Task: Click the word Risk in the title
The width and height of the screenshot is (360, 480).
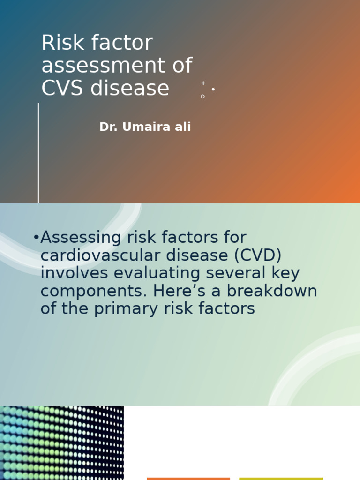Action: coord(58,43)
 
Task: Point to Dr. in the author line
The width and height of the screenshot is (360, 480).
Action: coord(108,127)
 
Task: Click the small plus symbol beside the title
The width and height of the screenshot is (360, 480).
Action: coord(203,83)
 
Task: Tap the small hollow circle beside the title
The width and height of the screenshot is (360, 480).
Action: coord(202,96)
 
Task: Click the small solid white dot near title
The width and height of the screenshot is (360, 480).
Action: coord(213,89)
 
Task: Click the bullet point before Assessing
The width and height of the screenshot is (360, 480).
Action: coord(36,238)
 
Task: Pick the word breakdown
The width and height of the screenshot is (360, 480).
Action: coord(272,291)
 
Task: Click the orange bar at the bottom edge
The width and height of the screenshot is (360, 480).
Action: coord(188,478)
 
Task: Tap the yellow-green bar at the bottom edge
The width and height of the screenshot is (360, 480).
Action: coord(281,478)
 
